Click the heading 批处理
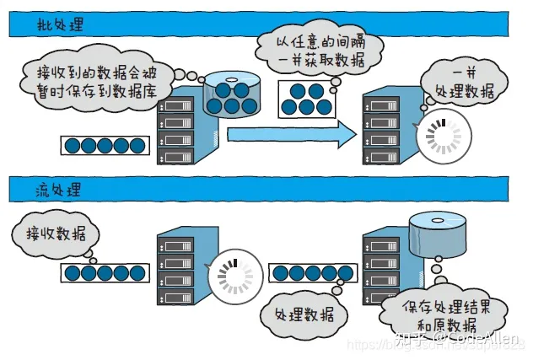(x=61, y=24)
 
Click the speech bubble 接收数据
(x=55, y=233)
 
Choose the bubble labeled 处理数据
(x=304, y=314)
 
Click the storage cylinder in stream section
(x=436, y=235)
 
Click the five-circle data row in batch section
(x=102, y=145)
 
